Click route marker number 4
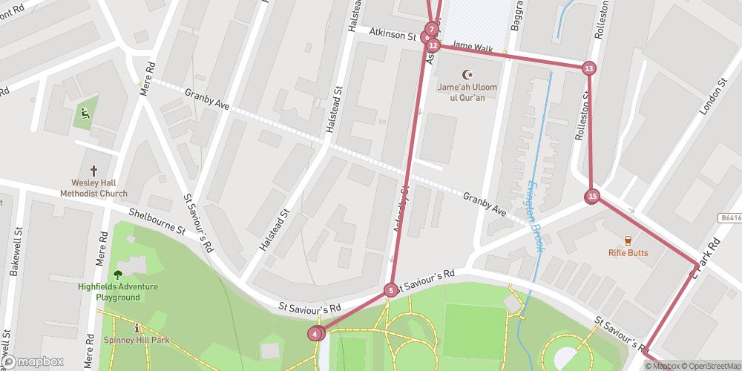tap(316, 334)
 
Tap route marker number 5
tap(390, 290)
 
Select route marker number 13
tap(588, 68)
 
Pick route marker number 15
tap(591, 197)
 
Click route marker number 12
tap(433, 45)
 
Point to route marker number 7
tap(431, 29)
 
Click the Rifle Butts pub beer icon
tap(628, 240)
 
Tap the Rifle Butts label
tap(628, 253)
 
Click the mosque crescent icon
tap(467, 74)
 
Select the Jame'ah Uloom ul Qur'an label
tap(467, 92)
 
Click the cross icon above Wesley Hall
tap(94, 171)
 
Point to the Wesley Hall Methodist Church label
tap(94, 188)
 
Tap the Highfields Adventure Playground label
tap(108, 292)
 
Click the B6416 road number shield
tap(731, 218)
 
